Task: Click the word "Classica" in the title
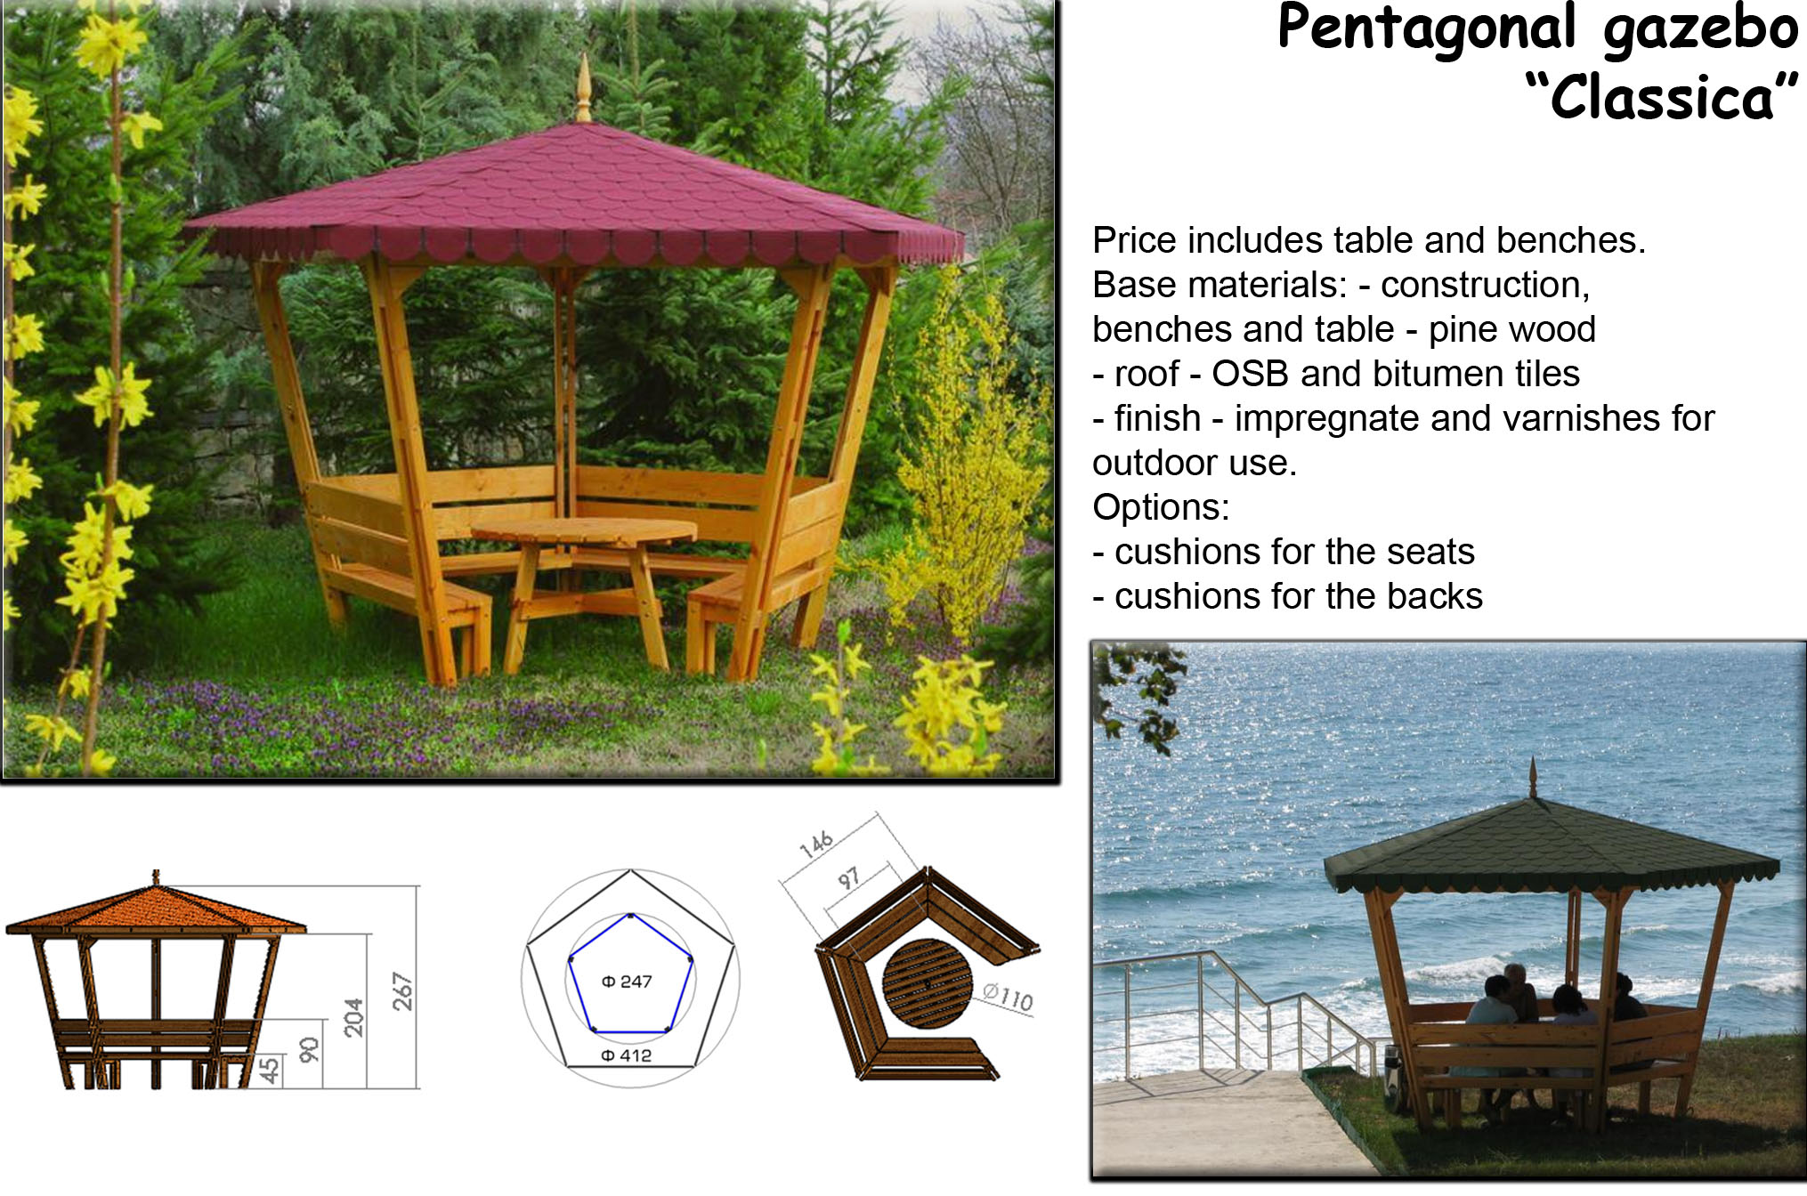click(1662, 96)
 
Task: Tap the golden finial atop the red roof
click(583, 87)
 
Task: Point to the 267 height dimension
click(403, 990)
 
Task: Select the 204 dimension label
click(353, 1017)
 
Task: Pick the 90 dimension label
click(308, 1050)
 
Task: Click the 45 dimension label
click(269, 1070)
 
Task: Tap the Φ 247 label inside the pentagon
click(627, 982)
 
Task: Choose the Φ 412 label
click(626, 1055)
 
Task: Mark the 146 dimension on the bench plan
click(816, 844)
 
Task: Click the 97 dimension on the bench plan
click(848, 879)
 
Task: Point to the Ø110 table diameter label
click(1009, 997)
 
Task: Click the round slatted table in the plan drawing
click(927, 983)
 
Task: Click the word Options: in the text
click(1161, 507)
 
